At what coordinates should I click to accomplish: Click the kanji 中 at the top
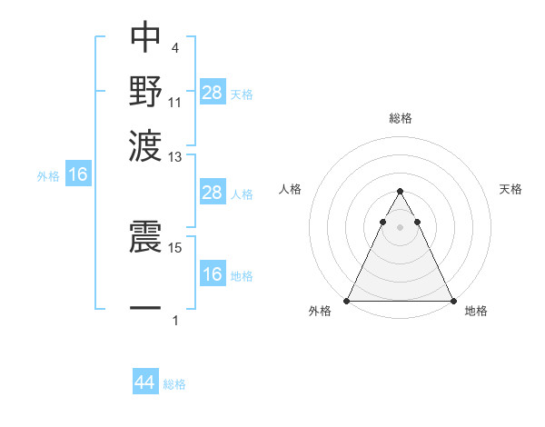[x=145, y=37]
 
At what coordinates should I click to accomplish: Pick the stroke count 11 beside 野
[x=175, y=101]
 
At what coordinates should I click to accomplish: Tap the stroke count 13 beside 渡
[x=175, y=157]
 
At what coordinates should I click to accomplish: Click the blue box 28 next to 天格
[x=212, y=92]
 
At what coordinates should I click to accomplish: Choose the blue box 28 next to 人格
[x=212, y=193]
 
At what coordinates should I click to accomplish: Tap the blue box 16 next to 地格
[x=212, y=275]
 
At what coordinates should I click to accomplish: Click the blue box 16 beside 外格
[x=78, y=175]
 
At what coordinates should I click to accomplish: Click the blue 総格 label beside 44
[x=175, y=384]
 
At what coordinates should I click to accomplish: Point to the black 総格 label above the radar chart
[x=400, y=118]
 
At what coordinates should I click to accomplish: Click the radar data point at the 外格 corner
[x=347, y=301]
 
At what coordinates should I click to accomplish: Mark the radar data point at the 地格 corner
[x=452, y=301]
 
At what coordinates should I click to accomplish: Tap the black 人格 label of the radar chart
[x=290, y=189]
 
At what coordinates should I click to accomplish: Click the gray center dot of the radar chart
[x=400, y=227]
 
